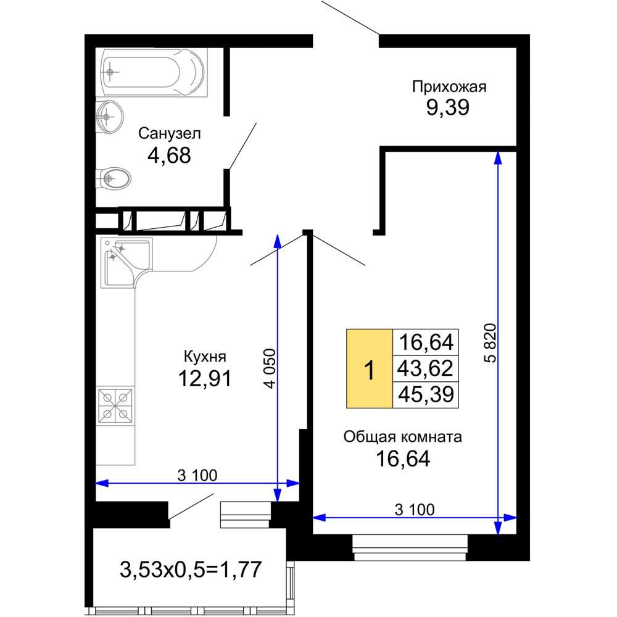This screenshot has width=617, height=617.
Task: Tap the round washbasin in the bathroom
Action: (109, 117)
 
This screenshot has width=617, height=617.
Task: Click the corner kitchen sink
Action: (126, 262)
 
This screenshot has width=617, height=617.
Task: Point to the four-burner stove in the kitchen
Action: (115, 405)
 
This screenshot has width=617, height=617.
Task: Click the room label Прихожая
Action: (449, 87)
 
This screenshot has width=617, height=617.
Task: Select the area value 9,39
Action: (448, 107)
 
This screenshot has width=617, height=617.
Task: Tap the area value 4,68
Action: (169, 155)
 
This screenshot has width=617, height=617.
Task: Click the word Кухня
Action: (205, 357)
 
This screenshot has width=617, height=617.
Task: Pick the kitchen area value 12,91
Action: (205, 379)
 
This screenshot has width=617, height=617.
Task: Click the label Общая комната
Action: (402, 437)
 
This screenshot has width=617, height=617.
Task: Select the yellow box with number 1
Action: (370, 368)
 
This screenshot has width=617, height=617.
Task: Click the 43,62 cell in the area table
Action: (425, 368)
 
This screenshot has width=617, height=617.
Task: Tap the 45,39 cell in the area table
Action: (425, 394)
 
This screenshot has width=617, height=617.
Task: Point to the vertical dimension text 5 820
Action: (491, 342)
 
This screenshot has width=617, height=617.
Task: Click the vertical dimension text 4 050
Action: (271, 368)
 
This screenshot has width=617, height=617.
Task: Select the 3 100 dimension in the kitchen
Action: (197, 475)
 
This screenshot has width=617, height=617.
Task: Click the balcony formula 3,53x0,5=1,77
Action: (191, 569)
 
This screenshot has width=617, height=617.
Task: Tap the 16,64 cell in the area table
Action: (425, 342)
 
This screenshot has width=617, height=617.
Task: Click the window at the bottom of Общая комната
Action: (410, 547)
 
